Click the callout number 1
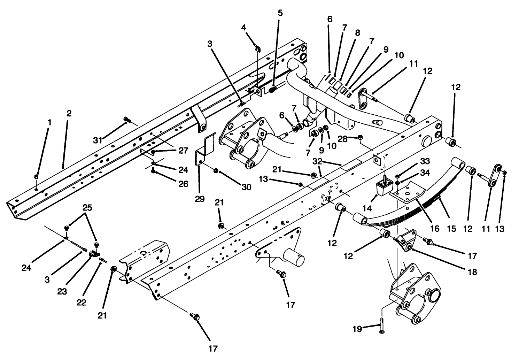(49, 122)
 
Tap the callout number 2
(69, 113)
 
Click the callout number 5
(280, 13)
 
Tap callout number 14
(367, 209)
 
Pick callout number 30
(246, 187)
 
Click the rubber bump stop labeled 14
(383, 189)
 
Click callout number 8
(357, 32)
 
